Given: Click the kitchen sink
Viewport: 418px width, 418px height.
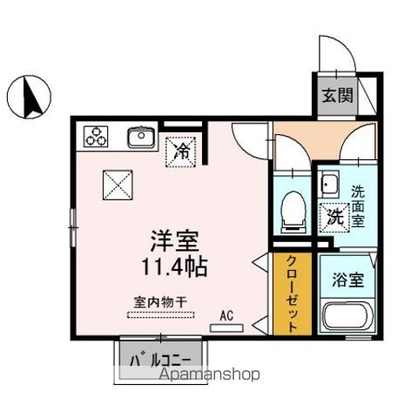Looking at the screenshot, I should coord(139,136).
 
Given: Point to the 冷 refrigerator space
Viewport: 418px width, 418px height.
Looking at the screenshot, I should coord(183,151).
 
